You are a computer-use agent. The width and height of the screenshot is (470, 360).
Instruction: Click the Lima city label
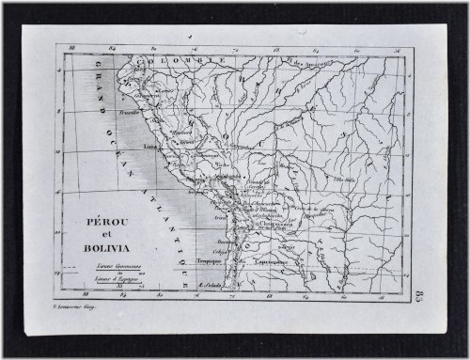coord(149,148)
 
